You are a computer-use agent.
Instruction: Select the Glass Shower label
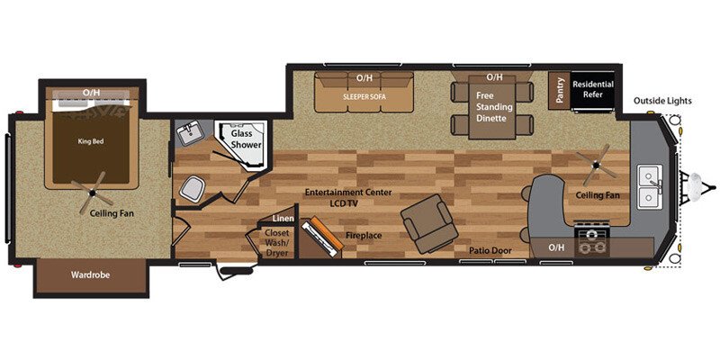tap(246, 138)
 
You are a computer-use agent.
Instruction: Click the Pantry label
tap(559, 90)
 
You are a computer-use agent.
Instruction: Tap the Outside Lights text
tap(661, 101)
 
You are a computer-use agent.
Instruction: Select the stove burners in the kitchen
tap(592, 241)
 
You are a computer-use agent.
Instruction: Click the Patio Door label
tap(490, 250)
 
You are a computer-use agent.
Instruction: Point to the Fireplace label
tap(364, 236)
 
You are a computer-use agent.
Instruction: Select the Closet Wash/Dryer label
tap(276, 241)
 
